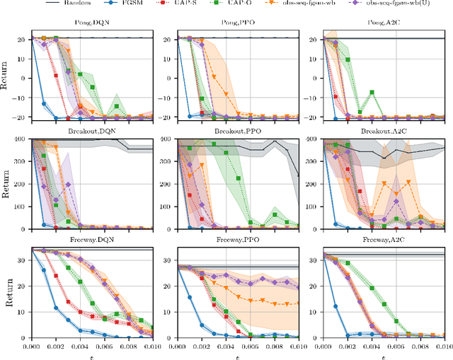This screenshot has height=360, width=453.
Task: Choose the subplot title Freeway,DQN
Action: pyautogui.click(x=97, y=241)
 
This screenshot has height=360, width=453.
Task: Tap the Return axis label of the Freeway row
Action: pyautogui.click(x=7, y=292)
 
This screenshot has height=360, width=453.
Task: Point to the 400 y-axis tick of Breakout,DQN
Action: pyautogui.click(x=22, y=139)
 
